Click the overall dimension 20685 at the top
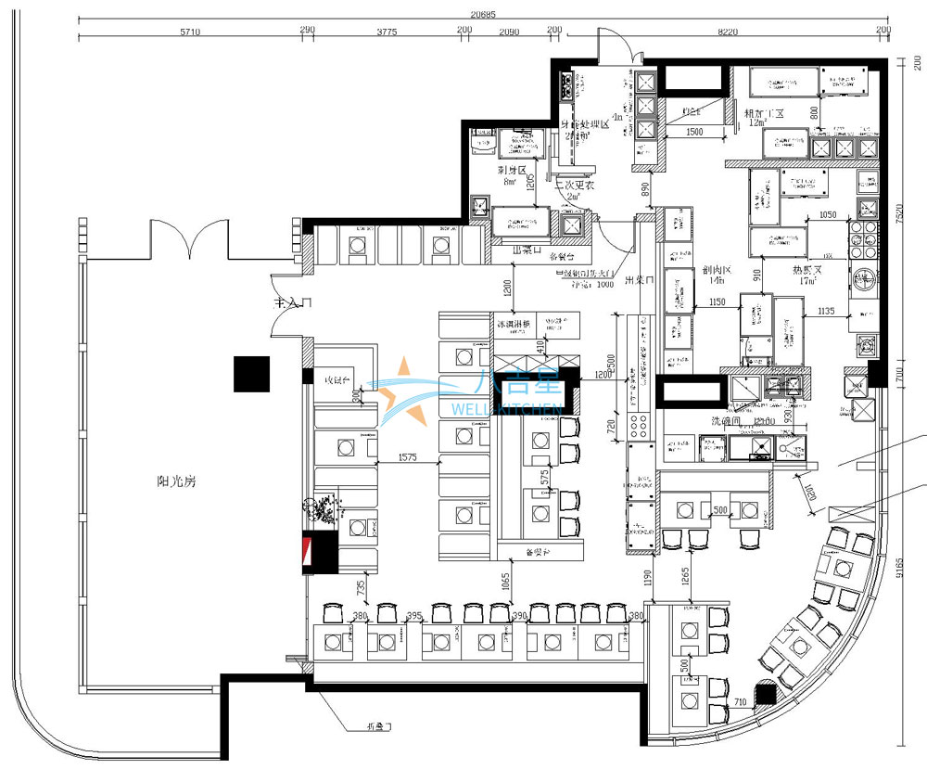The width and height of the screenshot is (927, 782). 482,14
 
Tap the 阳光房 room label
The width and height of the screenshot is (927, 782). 176,481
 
